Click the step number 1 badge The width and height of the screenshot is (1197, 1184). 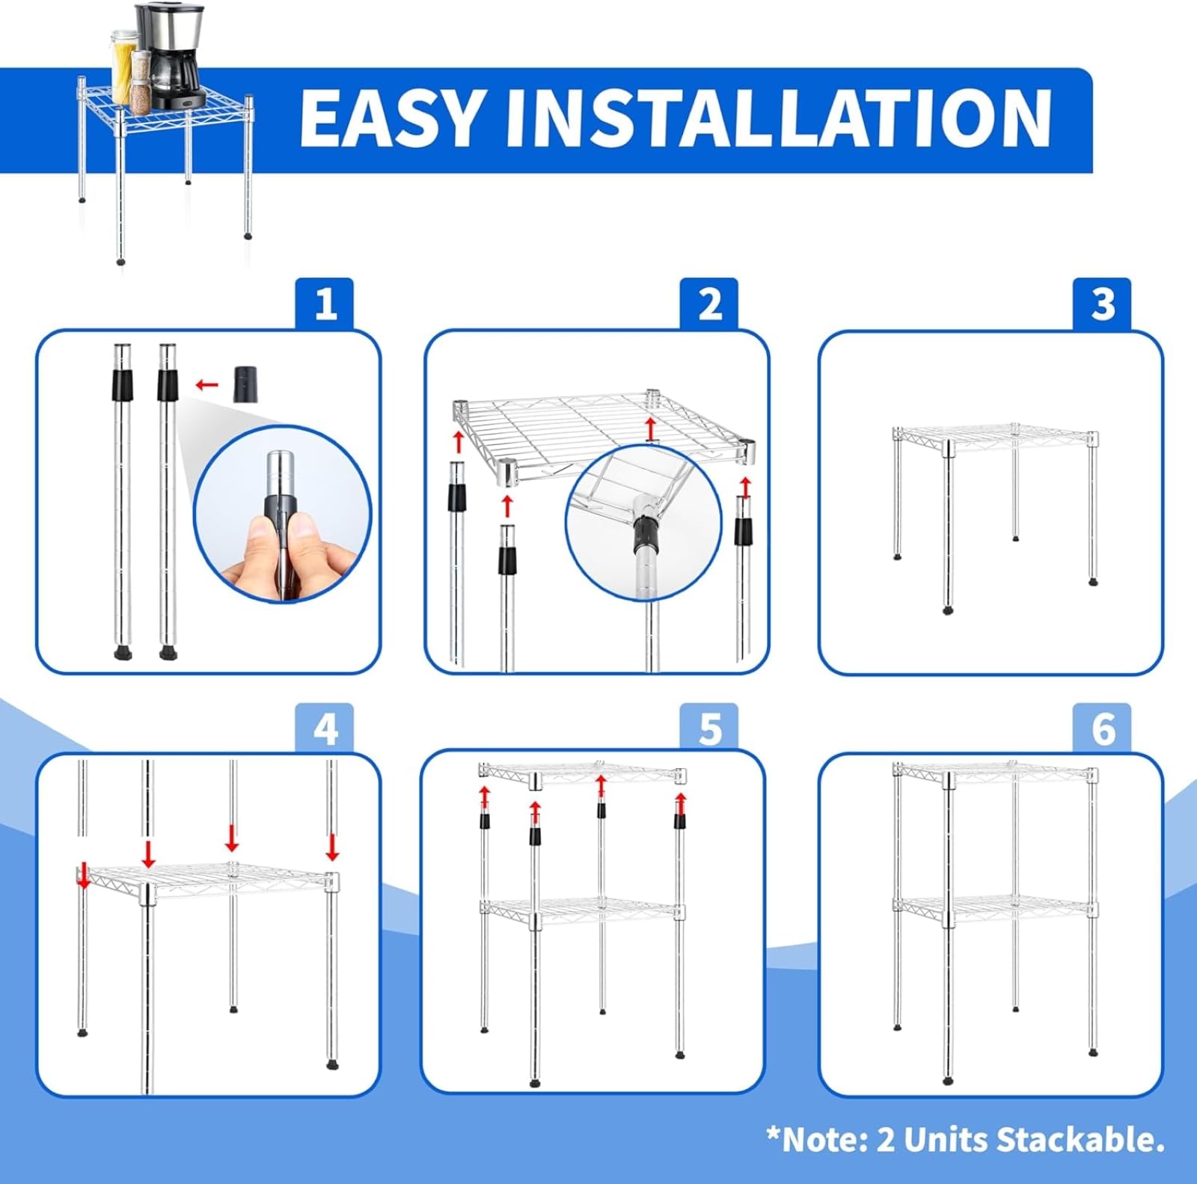pyautogui.click(x=325, y=304)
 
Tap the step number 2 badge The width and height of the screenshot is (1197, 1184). pyautogui.click(x=709, y=304)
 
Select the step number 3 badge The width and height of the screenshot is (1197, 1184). pyautogui.click(x=1102, y=304)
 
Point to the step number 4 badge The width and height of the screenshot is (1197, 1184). pyautogui.click(x=325, y=728)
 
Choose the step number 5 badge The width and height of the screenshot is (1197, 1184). pyautogui.click(x=709, y=728)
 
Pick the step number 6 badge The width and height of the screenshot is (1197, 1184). pyautogui.click(x=1102, y=728)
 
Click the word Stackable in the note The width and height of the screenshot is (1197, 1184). pyautogui.click(x=1080, y=1140)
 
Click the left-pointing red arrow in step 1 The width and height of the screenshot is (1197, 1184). pyautogui.click(x=206, y=385)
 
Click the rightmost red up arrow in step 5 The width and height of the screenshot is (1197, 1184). pyautogui.click(x=680, y=803)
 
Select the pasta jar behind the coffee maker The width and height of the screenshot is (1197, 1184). pyautogui.click(x=122, y=67)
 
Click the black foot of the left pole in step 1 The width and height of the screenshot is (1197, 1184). pyautogui.click(x=121, y=653)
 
